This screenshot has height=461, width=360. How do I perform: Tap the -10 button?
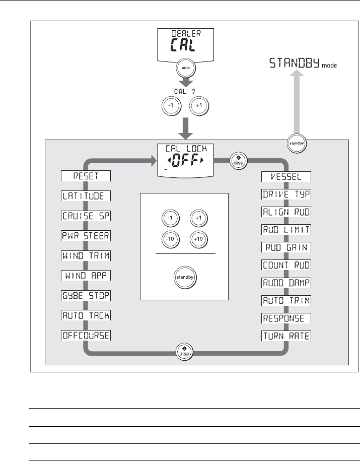[x=170, y=238]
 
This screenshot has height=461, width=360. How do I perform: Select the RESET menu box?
[x=86, y=176]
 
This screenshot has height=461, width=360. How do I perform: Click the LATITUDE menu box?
[x=86, y=195]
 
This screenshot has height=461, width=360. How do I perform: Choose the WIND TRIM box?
[x=86, y=255]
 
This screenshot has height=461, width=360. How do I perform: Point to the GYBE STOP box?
[x=86, y=295]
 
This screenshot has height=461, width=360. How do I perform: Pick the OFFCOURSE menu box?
[x=86, y=335]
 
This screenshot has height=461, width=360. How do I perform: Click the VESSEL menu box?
[x=286, y=176]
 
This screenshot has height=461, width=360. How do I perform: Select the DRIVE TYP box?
[x=286, y=195]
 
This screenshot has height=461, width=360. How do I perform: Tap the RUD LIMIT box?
[x=286, y=229]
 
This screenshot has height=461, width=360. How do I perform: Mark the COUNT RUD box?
[x=286, y=264]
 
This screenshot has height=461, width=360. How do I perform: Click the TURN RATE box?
[x=286, y=335]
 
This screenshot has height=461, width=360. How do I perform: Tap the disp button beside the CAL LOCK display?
[x=237, y=161]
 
